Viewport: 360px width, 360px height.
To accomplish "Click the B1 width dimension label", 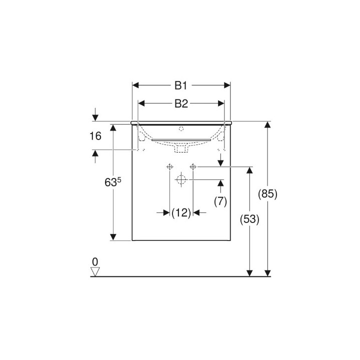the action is point(181,85).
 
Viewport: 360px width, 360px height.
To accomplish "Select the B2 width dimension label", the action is point(181,103).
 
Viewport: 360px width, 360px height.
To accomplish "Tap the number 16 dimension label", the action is point(95,136).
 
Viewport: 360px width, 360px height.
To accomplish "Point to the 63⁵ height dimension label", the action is point(112,182).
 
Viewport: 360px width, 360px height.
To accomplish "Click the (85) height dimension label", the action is point(267,194).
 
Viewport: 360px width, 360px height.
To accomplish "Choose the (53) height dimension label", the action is point(249,219).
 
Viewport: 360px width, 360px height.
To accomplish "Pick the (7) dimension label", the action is point(220,201).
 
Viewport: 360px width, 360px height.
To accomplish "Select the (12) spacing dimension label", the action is point(181,213).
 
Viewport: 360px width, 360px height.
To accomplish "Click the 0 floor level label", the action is point(95,261).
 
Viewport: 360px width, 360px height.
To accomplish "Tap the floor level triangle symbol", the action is point(95,271).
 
